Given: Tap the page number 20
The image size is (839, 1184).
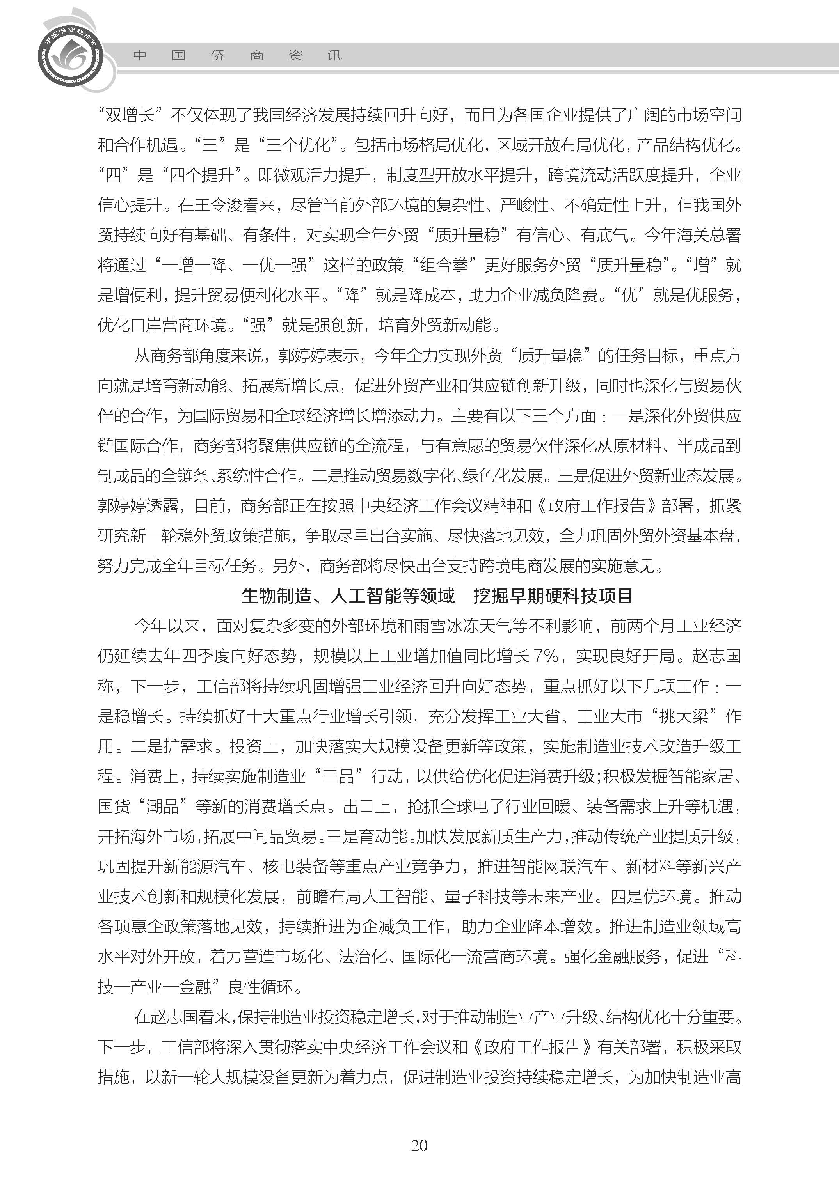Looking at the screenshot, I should click(x=419, y=1145).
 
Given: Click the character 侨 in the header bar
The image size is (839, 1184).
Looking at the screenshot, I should click(x=217, y=55).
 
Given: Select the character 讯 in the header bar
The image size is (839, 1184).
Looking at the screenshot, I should click(x=334, y=55).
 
